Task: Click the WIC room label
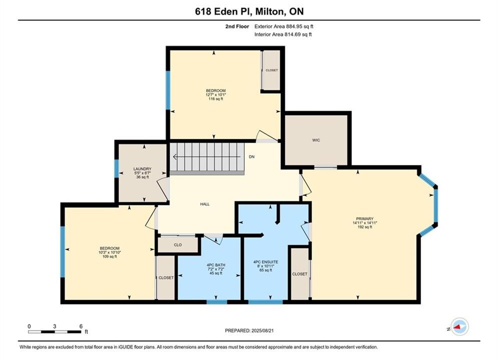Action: point(316,140)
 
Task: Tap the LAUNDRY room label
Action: point(142,169)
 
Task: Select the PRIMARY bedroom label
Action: point(364,219)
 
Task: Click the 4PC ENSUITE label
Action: point(265,262)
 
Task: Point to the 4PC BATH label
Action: point(216,265)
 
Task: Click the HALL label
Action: point(205,204)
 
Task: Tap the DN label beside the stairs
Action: point(252,157)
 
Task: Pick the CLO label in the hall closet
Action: point(178,245)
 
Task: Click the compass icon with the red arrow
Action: point(459,326)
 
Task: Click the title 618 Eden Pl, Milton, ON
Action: point(249,11)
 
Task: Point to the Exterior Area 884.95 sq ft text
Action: point(284,26)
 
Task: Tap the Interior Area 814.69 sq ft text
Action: point(283,34)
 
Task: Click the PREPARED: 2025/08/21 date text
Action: point(249,330)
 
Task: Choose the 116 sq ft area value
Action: point(216,99)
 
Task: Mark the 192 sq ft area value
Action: point(364,227)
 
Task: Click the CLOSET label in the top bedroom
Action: point(272,70)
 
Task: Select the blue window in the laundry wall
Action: point(117,168)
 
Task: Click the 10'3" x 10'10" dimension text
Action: point(110,252)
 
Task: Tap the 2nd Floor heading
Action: point(237,26)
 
